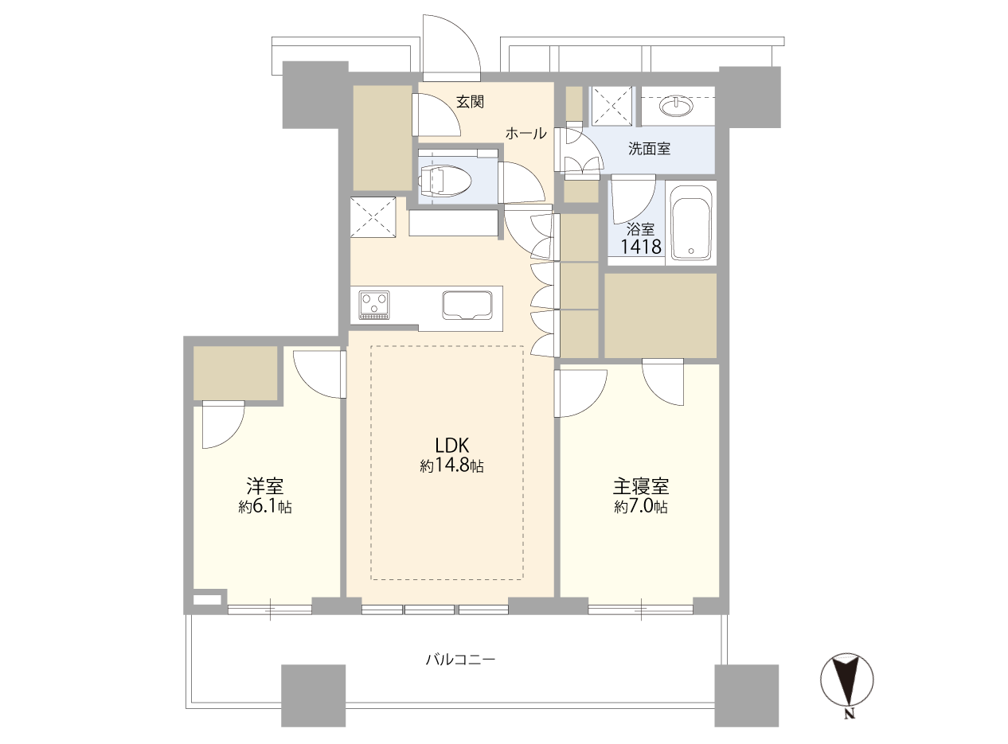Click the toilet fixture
(x=444, y=181)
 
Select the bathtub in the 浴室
(x=691, y=223)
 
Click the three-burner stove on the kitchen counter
(x=374, y=305)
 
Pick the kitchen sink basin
(x=467, y=306)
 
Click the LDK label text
(x=451, y=446)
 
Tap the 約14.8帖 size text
(x=451, y=466)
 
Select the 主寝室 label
(x=641, y=486)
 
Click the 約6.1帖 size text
(x=265, y=507)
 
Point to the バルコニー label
(x=460, y=659)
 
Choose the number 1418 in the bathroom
(x=641, y=247)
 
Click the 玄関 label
(x=470, y=102)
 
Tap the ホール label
(x=525, y=134)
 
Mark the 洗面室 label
(x=649, y=149)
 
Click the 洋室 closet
(x=236, y=373)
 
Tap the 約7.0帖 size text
(x=641, y=507)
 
